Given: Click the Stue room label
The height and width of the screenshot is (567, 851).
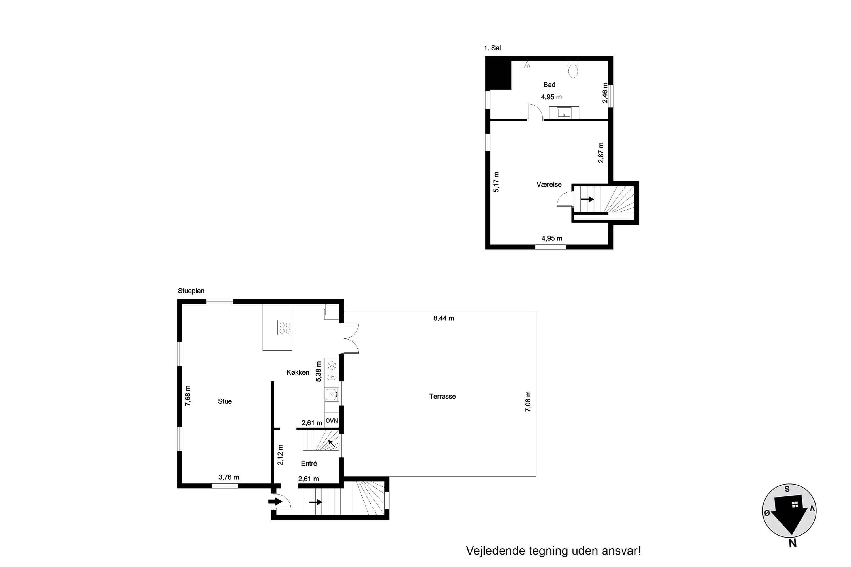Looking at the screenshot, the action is (x=225, y=401).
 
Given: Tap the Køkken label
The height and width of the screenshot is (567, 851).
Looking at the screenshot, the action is (x=298, y=373).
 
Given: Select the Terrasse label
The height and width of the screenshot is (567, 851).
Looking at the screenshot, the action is (x=443, y=396).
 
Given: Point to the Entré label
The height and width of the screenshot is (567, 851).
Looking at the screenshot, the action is (x=309, y=463).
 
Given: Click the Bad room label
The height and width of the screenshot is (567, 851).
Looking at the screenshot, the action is (x=549, y=84).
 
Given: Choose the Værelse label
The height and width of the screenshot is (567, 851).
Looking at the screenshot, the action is (x=549, y=185).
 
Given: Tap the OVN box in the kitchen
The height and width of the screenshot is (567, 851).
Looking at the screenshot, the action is (x=331, y=420).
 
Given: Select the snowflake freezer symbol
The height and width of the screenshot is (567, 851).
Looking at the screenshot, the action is (x=331, y=366).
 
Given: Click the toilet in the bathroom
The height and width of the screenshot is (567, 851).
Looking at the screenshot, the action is (x=573, y=69).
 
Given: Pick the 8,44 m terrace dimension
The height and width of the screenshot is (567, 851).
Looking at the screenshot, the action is (x=444, y=318).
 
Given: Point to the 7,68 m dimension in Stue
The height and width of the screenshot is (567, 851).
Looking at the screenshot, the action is (x=188, y=395).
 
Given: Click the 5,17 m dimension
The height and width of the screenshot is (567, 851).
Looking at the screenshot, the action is (x=496, y=182).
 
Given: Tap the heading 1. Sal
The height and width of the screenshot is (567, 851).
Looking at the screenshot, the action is (x=492, y=48).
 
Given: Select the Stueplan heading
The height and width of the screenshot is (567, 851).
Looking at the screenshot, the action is (x=191, y=291).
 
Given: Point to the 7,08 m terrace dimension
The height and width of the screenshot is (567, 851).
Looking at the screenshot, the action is (x=528, y=401).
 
